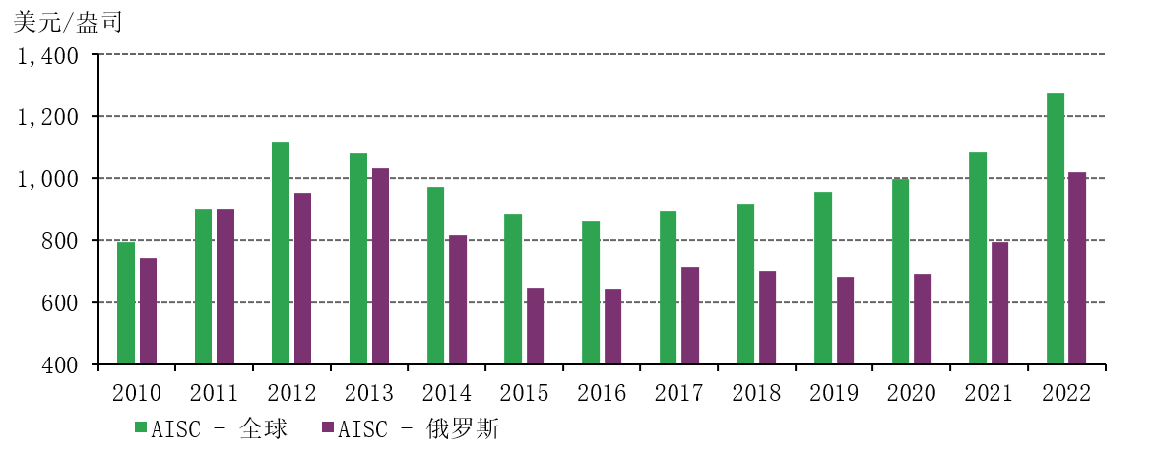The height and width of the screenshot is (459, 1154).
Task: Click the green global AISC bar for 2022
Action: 1055,229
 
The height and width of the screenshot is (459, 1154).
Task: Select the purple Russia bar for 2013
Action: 380,266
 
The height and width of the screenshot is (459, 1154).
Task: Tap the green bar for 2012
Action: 281,253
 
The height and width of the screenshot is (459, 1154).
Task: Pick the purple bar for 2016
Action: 612,326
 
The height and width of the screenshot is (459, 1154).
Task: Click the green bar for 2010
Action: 126,303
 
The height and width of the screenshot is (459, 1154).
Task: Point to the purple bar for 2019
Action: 845,320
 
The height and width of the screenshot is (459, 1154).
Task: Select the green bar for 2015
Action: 513,289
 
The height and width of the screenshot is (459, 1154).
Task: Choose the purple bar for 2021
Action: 999,303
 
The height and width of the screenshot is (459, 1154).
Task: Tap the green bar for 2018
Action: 745,284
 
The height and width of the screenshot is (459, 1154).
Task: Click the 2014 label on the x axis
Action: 447,394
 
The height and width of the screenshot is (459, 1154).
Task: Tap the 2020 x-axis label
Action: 912,394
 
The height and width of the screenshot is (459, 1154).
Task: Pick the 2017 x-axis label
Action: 679,394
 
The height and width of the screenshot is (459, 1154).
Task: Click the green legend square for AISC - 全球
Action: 141,428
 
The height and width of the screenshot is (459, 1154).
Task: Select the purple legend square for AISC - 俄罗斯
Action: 328,428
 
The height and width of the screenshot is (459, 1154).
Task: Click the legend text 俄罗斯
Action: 478,428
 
